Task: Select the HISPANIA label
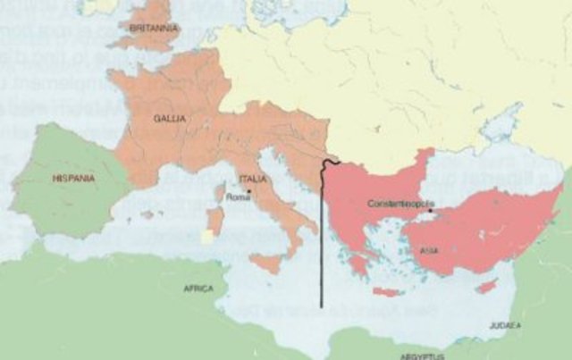(73, 178)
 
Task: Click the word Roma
(238, 197)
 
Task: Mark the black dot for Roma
(251, 190)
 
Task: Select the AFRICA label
(198, 289)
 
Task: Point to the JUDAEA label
(504, 326)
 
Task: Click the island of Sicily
(265, 263)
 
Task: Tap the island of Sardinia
(214, 222)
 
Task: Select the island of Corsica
(220, 192)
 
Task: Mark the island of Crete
(387, 292)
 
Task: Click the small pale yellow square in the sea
(207, 237)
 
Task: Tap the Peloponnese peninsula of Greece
(359, 264)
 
